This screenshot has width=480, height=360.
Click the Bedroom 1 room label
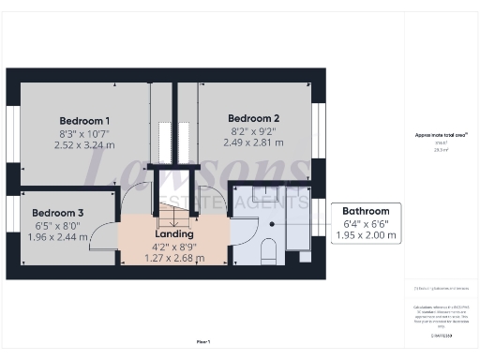[84, 121]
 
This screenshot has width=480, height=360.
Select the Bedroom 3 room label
[58, 213]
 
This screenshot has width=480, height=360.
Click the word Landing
[173, 234]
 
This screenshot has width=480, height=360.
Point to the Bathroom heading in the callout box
[366, 211]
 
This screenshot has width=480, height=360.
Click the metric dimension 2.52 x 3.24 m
[84, 145]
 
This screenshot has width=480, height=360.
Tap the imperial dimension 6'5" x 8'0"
[58, 225]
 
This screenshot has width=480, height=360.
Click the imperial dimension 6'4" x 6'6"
[366, 223]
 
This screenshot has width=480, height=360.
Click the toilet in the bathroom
[266, 249]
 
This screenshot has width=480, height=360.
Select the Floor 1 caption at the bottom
[202, 342]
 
